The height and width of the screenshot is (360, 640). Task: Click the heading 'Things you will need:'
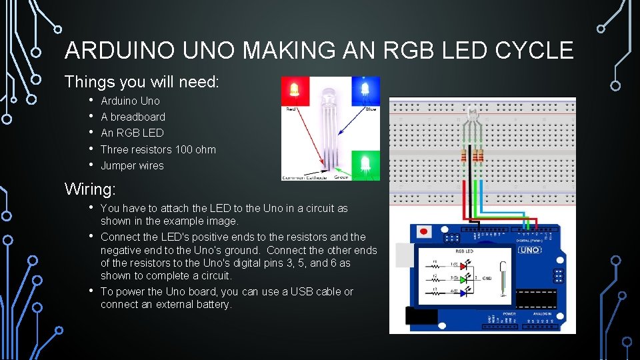pos(141,82)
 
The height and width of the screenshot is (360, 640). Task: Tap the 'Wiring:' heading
pos(91,189)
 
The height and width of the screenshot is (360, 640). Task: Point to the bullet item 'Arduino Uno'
pos(130,101)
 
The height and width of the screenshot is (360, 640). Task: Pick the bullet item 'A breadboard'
pos(133,117)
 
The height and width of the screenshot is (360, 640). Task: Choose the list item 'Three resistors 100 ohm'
pos(158,149)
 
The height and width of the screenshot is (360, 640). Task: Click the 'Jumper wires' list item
pos(132,165)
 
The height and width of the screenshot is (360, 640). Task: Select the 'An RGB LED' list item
pos(131,133)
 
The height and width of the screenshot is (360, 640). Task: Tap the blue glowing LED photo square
pos(365,90)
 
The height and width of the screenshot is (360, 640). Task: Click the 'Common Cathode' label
pos(305,177)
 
